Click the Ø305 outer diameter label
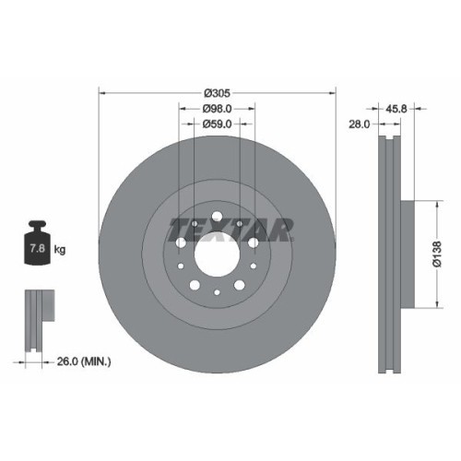pyautogui.click(x=217, y=92)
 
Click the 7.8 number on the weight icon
pyautogui.click(x=41, y=250)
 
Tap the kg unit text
pyautogui.click(x=61, y=250)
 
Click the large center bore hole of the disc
pyautogui.click(x=217, y=255)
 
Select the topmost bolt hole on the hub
pyautogui.click(x=217, y=219)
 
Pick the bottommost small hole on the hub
pyautogui.click(x=217, y=293)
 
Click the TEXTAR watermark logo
pyautogui.click(x=231, y=227)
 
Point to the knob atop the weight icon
pyautogui.click(x=41, y=225)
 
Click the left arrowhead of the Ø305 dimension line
pyautogui.click(x=102, y=92)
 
